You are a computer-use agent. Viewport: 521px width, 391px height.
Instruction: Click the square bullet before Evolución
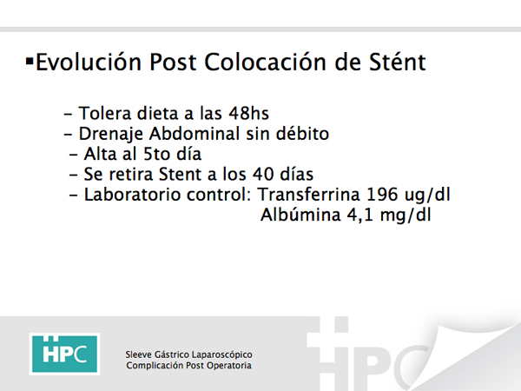pos(30,61)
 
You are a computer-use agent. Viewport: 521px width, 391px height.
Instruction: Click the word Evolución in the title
pos(89,62)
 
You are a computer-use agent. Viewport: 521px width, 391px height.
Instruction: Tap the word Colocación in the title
pos(265,62)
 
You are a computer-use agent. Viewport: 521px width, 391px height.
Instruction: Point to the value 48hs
pos(248,113)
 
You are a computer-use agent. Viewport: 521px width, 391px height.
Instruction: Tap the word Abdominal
pos(195,134)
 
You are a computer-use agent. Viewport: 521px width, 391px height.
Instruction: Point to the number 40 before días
pos(263,175)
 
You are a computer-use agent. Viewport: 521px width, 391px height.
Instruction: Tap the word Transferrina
pos(309,195)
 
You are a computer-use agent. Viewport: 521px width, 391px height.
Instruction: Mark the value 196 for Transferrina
pos(382,195)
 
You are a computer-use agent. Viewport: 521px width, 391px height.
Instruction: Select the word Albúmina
pos(300,215)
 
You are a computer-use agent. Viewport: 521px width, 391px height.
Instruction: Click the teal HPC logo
pos(64,354)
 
